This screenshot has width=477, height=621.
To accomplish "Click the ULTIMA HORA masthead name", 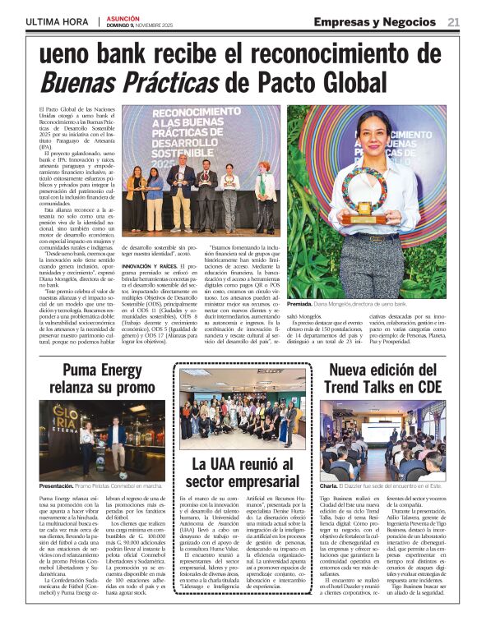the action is [58, 22].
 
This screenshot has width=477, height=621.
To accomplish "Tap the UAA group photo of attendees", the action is [240, 411].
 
